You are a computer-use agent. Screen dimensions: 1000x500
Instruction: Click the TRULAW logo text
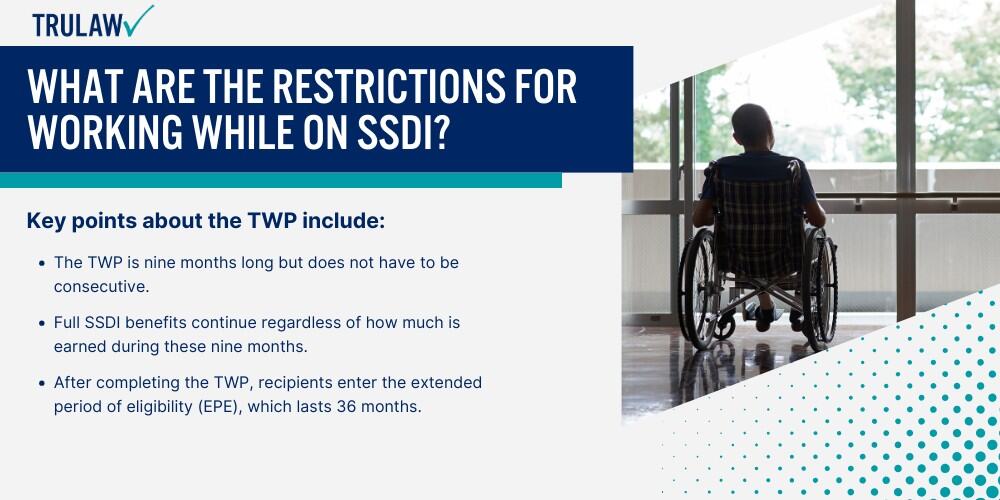78,25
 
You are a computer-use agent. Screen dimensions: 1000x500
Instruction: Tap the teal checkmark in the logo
139,20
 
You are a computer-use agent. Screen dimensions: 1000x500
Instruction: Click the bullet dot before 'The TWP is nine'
42,263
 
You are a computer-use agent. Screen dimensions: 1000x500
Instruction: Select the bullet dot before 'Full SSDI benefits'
42,323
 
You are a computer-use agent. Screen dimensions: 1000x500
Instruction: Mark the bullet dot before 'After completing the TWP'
42,383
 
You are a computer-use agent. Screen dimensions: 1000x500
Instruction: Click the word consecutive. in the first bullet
101,287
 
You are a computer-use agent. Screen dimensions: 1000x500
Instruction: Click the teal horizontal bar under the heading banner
281,180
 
